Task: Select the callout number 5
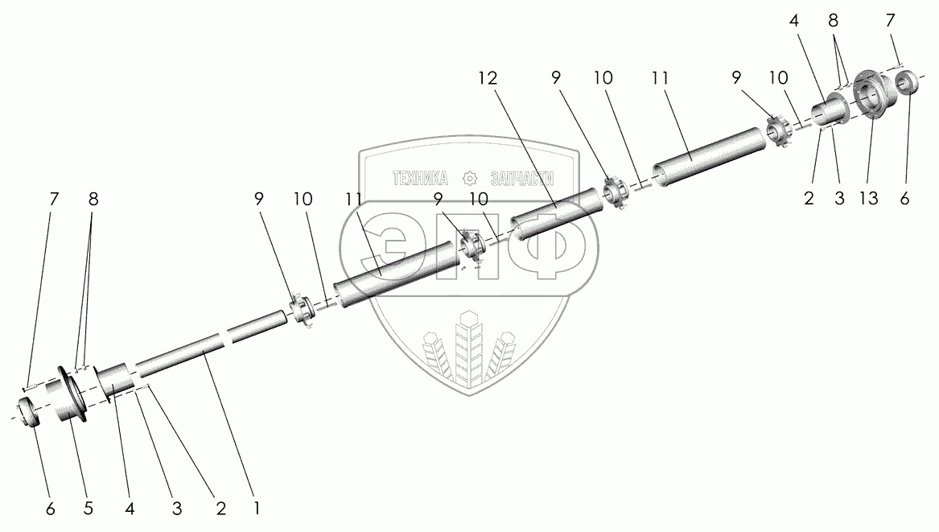[88, 509]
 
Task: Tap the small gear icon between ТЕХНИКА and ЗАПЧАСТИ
[471, 179]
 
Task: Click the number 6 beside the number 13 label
[904, 199]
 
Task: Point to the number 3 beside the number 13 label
[839, 199]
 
